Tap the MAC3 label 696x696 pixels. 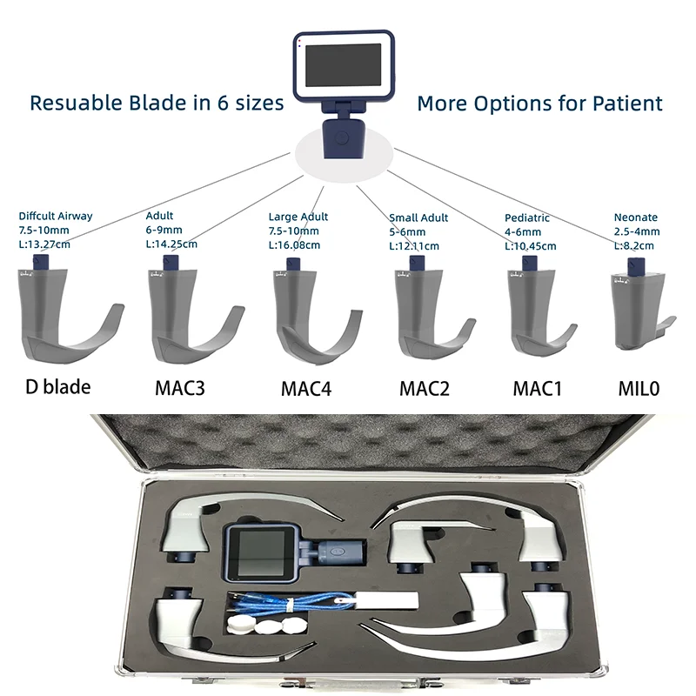179,386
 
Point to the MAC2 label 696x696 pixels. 425,386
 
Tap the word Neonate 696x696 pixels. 635,217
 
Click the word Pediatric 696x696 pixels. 527,217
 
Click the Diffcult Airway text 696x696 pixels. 56,216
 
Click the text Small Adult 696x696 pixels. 419,217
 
